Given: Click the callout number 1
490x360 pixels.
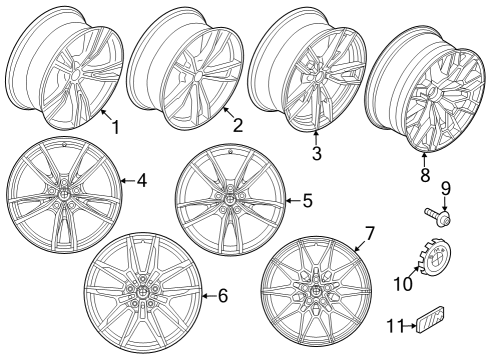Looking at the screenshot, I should click(115, 127).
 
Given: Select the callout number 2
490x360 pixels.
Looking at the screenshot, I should click(237, 125).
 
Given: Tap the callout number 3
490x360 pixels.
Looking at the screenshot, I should click(316, 153).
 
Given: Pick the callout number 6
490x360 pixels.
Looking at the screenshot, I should click(222, 295).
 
